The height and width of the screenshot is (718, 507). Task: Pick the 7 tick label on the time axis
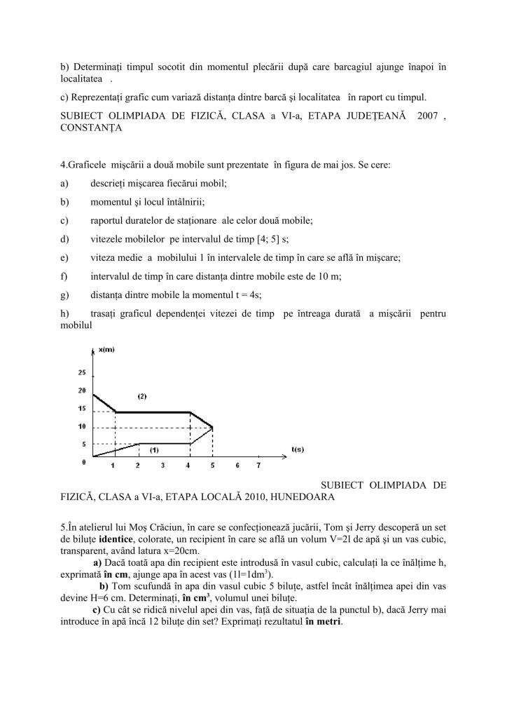[x=259, y=465]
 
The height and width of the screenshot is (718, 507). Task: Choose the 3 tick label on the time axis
[x=162, y=465]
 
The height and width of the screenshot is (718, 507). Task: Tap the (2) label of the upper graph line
[x=141, y=397]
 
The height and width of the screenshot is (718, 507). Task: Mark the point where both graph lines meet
[x=212, y=427]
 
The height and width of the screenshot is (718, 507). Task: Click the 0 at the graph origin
[x=84, y=461]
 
